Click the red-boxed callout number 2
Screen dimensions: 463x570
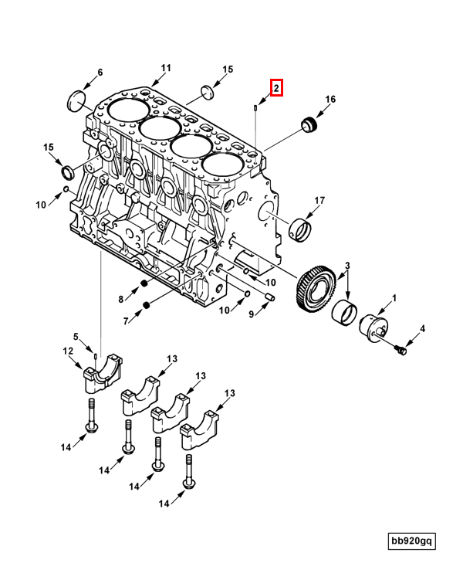(276, 88)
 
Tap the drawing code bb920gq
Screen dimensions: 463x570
(411, 541)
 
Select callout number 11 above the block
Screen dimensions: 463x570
(166, 68)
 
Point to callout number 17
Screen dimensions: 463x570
(319, 200)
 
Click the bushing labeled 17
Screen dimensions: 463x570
(300, 229)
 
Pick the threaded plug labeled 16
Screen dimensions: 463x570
(309, 124)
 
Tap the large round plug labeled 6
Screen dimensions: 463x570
(77, 100)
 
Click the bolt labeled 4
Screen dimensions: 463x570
(401, 351)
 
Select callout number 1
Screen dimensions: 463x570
(394, 298)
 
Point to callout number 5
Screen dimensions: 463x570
(76, 336)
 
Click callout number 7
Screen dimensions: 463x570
(126, 321)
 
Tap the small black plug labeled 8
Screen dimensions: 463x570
(144, 283)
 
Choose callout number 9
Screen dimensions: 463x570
(252, 314)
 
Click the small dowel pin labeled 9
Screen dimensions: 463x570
(270, 297)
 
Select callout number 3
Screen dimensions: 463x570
(347, 266)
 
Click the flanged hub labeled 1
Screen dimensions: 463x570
(374, 328)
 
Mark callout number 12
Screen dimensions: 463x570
(68, 351)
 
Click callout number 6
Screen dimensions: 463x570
(100, 72)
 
